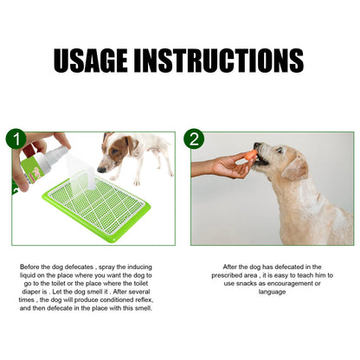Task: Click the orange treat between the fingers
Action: [250, 155]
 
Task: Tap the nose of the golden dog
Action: [258, 146]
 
